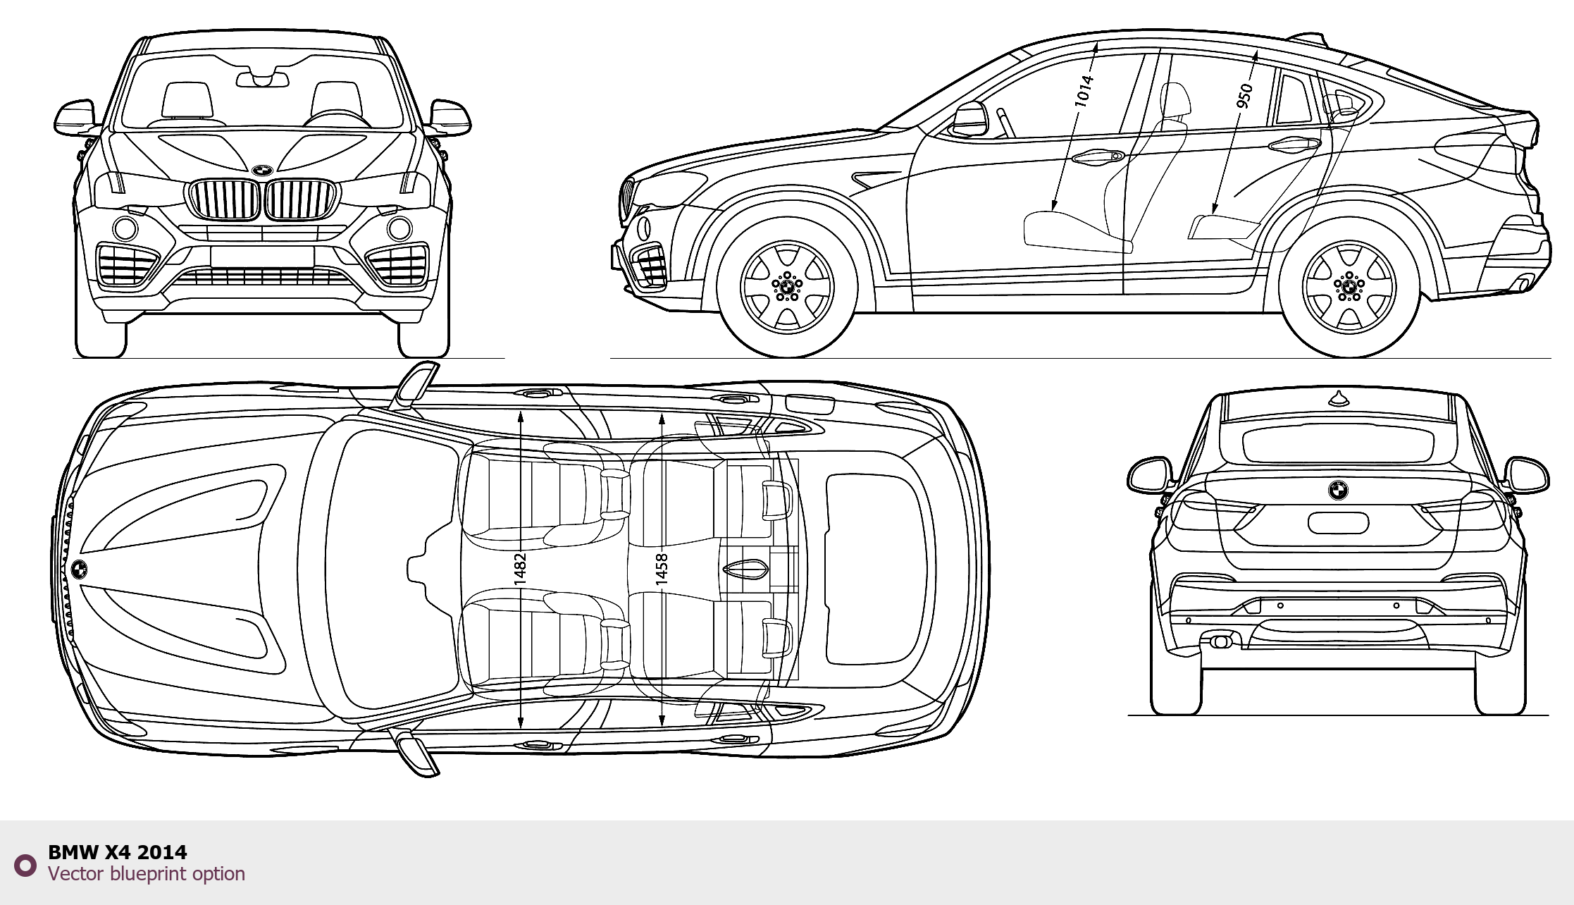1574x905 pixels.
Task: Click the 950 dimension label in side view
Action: pos(1245,95)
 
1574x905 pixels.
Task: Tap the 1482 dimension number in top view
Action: pos(520,570)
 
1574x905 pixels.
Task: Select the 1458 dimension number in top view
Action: pos(662,570)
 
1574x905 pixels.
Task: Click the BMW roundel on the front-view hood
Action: pos(262,171)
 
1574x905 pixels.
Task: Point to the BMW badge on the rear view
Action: pos(1338,490)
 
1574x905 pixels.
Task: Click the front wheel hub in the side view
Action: pos(787,287)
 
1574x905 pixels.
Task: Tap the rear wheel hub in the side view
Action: pos(1349,287)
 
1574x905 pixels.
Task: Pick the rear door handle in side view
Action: pos(1295,144)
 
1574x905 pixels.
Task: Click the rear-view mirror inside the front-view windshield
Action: pos(262,79)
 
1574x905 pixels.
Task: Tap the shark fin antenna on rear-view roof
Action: pos(1339,399)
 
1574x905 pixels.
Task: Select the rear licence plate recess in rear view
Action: pos(1338,523)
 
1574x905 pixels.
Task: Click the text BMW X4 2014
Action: pos(117,852)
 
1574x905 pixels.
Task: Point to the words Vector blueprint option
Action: pos(147,874)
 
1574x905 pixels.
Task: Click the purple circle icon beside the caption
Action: pos(25,865)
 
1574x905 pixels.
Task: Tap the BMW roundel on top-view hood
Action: pos(80,570)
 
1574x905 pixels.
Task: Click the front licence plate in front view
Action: pos(262,257)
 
